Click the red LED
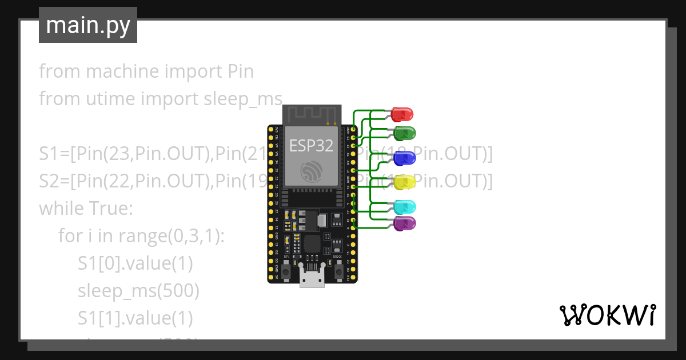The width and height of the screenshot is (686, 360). click(403, 114)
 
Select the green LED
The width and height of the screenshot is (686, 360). click(405, 134)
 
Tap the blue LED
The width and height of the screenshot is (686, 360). click(405, 158)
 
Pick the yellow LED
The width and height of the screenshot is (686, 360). click(405, 182)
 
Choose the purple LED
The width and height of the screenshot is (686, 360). click(405, 223)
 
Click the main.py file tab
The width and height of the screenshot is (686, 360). click(88, 25)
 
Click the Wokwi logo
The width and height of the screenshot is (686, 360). click(607, 315)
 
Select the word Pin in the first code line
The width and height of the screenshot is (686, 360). click(241, 71)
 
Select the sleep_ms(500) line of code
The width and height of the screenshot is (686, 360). click(138, 291)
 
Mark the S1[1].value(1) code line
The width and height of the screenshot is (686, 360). click(135, 318)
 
